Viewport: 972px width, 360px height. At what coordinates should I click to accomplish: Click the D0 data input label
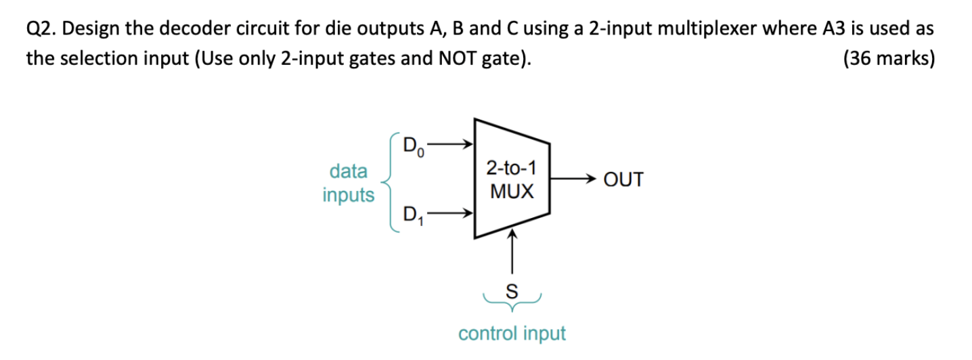pos(414,147)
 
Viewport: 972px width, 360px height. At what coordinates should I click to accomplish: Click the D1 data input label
pos(414,217)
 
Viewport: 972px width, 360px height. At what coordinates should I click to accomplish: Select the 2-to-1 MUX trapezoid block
pos(511,180)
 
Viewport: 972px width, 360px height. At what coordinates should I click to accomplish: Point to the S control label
pos(512,292)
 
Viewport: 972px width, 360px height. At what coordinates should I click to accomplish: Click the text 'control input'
pos(512,334)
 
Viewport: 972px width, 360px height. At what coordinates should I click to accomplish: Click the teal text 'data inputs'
pos(349,183)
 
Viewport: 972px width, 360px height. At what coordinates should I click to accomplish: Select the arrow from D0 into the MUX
pos(449,144)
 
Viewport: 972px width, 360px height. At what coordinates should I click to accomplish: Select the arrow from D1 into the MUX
pos(449,215)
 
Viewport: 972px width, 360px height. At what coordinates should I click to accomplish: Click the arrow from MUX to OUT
pos(572,181)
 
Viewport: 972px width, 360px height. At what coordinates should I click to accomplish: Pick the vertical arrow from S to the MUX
pos(512,254)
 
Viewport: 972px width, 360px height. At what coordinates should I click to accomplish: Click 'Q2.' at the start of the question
pos(43,29)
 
